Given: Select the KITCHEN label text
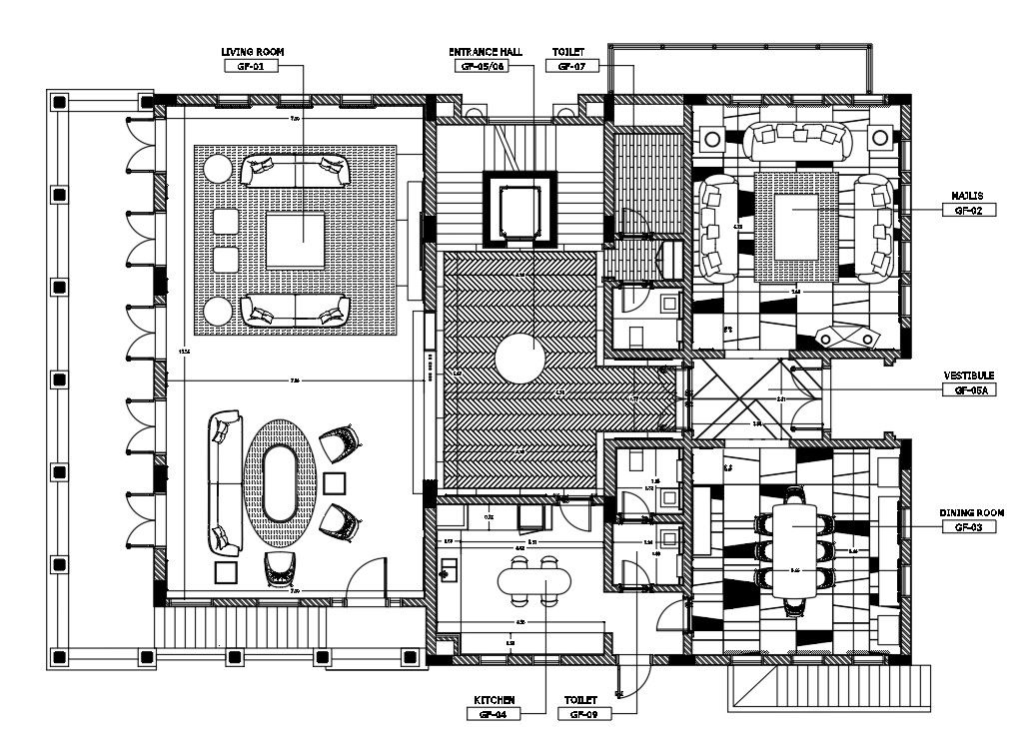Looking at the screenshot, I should pyautogui.click(x=495, y=700).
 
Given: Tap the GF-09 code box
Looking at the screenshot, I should pyautogui.click(x=582, y=715).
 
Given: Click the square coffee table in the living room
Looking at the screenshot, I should pyautogui.click(x=296, y=242).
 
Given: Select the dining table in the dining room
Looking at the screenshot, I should pyautogui.click(x=796, y=549).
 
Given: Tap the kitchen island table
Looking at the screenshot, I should pyautogui.click(x=530, y=580).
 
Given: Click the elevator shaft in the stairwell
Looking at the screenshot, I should pyautogui.click(x=519, y=210).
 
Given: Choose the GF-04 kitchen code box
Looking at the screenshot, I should pyautogui.click(x=495, y=715).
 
